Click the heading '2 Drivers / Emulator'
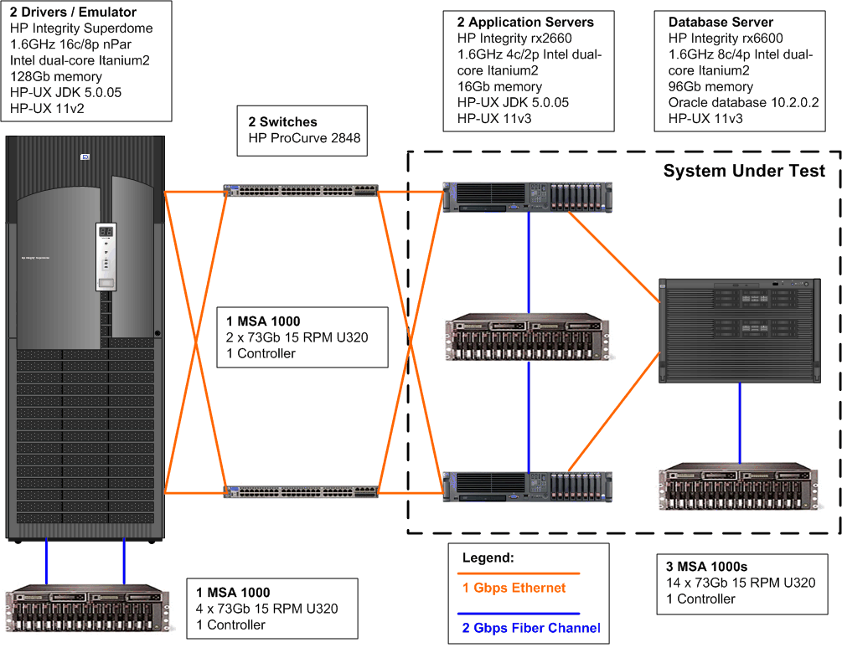click(73, 13)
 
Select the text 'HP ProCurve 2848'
click(304, 138)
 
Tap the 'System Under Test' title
click(744, 171)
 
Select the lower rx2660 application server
click(528, 488)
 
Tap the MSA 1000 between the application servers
click(528, 338)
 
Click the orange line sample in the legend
click(520, 573)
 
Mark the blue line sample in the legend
click(520, 614)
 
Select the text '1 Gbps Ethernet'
click(514, 588)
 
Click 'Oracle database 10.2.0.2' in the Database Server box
click(743, 102)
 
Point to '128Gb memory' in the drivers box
click(56, 76)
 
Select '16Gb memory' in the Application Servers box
click(499, 86)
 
